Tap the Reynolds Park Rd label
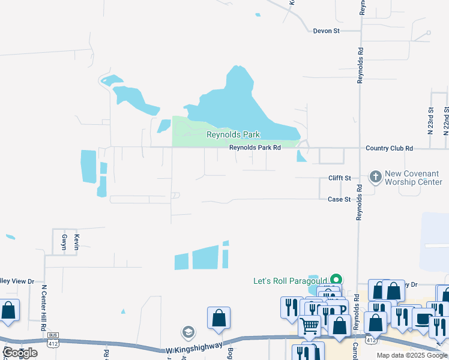(255, 147)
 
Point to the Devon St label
(327, 31)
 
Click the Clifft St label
(339, 178)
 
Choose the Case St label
(339, 199)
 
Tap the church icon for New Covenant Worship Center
(376, 176)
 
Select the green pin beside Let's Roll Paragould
(337, 280)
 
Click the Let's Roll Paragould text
(290, 281)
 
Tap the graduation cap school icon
(188, 332)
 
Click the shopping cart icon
(310, 326)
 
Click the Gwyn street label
(65, 242)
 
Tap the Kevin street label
(77, 242)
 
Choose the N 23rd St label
(431, 120)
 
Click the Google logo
(19, 353)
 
